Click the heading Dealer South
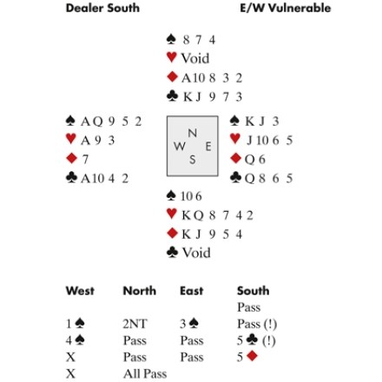[102, 8]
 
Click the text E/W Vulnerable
[285, 8]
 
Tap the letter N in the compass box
[193, 133]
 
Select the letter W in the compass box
[180, 146]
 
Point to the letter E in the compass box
[208, 147]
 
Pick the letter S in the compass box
[193, 160]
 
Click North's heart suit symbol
[172, 57]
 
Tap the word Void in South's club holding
[196, 253]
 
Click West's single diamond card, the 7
[85, 160]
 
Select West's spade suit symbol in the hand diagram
[70, 121]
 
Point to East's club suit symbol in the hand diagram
[235, 178]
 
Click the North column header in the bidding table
[140, 291]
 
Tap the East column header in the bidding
[191, 291]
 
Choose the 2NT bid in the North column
[135, 324]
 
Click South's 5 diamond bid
[247, 357]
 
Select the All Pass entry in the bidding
[145, 373]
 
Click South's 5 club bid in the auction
[247, 340]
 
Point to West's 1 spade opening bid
[76, 324]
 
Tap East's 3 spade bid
[189, 324]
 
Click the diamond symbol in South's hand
[172, 234]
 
